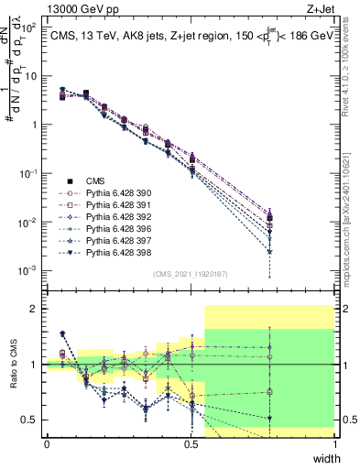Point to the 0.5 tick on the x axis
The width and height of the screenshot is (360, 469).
tap(191, 443)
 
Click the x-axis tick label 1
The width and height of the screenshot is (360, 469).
tap(334, 443)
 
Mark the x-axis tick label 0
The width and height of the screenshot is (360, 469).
tap(47, 443)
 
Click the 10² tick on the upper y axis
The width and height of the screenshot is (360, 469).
tap(29, 27)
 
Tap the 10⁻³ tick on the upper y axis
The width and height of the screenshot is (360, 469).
tap(29, 271)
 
